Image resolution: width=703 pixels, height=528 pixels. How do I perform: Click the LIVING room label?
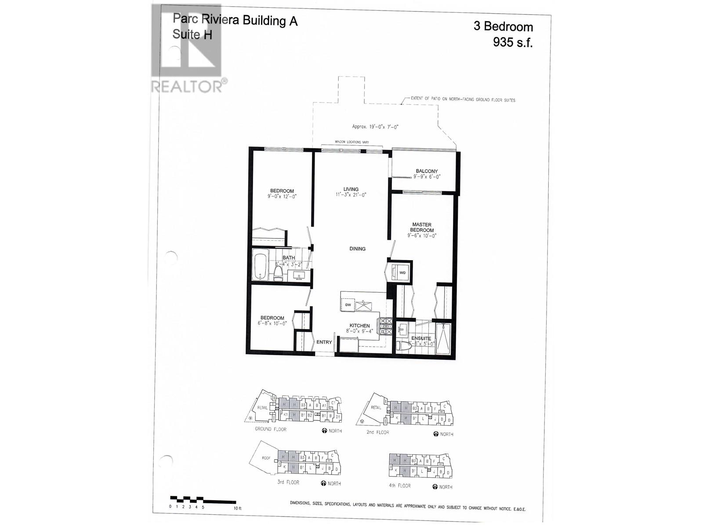click(351, 189)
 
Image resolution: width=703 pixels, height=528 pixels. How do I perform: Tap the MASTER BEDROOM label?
click(422, 227)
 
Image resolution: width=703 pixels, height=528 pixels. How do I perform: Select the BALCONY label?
click(427, 171)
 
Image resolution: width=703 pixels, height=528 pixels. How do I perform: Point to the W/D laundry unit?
click(402, 272)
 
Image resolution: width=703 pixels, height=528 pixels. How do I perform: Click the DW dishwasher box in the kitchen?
click(348, 304)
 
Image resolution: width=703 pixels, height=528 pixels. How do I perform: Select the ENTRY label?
click(324, 342)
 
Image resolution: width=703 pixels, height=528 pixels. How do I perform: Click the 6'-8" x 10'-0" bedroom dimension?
click(272, 323)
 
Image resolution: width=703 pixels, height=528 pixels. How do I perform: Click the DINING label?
click(357, 249)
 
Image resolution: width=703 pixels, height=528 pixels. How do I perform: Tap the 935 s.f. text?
click(512, 42)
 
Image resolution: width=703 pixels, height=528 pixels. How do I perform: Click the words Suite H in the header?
click(192, 34)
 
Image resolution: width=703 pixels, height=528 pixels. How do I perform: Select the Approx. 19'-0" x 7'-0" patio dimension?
click(375, 127)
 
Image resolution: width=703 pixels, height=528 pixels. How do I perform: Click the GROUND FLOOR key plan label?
click(270, 429)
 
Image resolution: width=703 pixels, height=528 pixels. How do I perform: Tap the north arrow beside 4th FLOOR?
click(435, 487)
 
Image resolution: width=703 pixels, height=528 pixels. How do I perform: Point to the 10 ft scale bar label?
click(237, 508)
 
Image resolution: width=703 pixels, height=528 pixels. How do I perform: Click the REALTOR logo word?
click(187, 86)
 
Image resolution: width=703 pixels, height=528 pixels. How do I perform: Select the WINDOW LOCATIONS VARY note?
click(351, 142)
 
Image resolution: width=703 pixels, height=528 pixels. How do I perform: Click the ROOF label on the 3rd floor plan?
click(266, 458)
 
